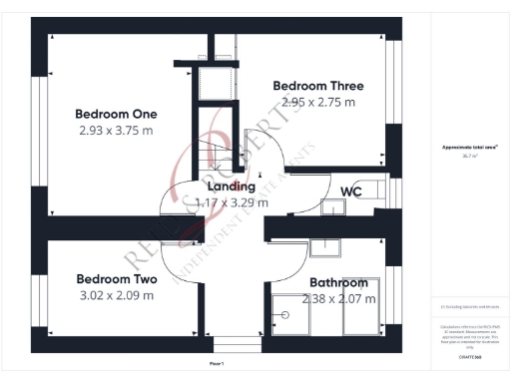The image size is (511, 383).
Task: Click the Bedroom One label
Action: point(117,114)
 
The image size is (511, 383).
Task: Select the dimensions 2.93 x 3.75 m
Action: point(117,130)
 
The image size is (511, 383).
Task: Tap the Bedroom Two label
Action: point(117,279)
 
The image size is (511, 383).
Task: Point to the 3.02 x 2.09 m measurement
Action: point(117,295)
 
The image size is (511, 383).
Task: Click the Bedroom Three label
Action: point(318,86)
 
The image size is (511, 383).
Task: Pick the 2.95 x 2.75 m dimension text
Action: point(318,102)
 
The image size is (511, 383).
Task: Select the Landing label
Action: point(231,186)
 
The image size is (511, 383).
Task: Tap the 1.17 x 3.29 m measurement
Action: point(231,201)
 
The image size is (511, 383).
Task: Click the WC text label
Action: point(350,191)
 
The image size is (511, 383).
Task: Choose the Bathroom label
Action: point(338,282)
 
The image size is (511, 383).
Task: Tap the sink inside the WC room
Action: point(331,207)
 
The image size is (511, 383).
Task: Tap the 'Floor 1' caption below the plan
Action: point(216,364)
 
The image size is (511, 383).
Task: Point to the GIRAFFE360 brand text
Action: point(469,356)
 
